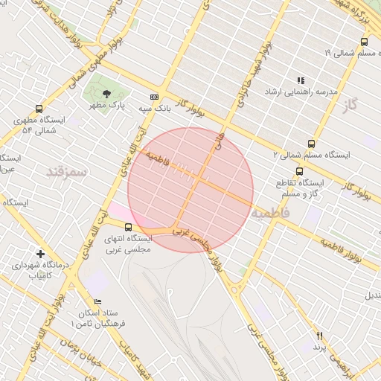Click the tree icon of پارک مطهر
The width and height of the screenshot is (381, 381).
click(x=106, y=95)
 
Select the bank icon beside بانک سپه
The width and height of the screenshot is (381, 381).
click(x=154, y=97)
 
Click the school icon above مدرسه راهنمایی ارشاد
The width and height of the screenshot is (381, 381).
click(x=301, y=80)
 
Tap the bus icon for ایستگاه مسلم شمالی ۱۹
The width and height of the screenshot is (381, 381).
click(x=364, y=42)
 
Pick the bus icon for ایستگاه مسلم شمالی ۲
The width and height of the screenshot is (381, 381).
click(x=310, y=144)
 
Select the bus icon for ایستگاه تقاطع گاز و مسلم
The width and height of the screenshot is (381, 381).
click(x=299, y=171)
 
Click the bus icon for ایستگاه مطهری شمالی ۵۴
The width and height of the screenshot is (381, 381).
click(x=39, y=109)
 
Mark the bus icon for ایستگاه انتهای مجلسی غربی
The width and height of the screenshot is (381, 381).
click(x=129, y=227)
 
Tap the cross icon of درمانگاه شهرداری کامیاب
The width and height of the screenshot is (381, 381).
click(x=40, y=254)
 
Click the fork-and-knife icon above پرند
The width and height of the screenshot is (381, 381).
click(x=320, y=336)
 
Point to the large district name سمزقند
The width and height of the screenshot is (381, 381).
click(x=67, y=171)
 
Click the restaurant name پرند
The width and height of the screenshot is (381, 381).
click(x=320, y=347)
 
